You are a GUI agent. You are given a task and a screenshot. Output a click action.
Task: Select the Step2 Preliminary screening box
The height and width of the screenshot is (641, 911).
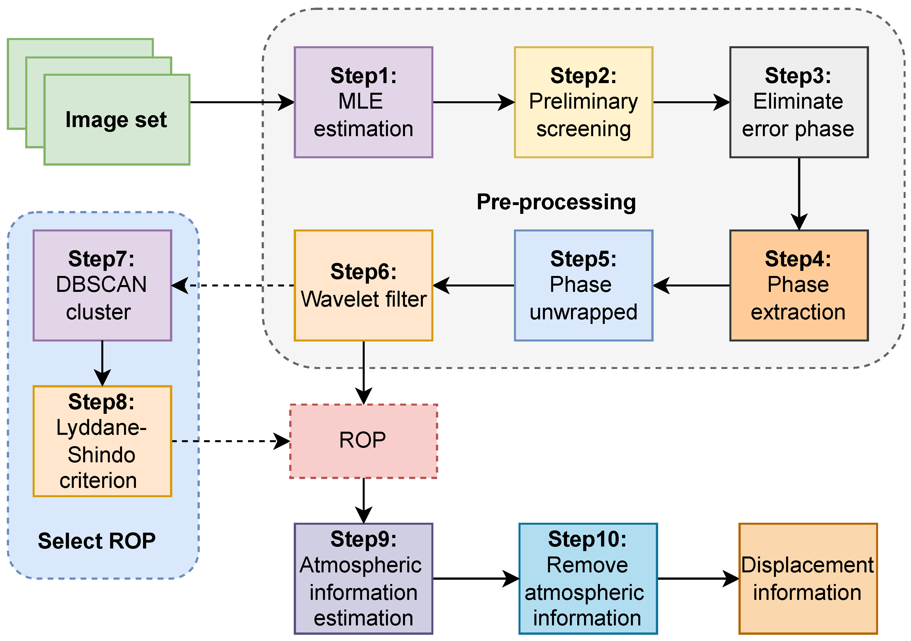tap(583, 102)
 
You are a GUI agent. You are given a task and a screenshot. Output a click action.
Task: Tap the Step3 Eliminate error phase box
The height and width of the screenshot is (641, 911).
tap(798, 102)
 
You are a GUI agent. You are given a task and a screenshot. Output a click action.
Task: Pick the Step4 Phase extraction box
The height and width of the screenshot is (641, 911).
tap(798, 285)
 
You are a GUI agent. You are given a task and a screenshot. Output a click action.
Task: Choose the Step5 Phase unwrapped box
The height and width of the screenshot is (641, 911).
tap(583, 285)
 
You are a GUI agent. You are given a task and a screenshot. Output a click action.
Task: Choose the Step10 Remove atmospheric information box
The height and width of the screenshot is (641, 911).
tap(588, 578)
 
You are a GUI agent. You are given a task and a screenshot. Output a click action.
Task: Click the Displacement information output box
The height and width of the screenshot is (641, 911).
tap(807, 578)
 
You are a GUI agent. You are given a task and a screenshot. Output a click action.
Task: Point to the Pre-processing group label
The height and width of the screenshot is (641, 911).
tap(556, 202)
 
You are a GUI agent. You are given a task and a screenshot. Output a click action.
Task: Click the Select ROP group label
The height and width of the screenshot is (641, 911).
tap(96, 541)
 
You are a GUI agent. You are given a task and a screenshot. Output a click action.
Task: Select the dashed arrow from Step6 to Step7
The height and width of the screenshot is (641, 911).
tap(234, 285)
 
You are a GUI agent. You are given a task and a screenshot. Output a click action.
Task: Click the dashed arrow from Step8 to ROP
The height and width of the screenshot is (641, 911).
tap(230, 441)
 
